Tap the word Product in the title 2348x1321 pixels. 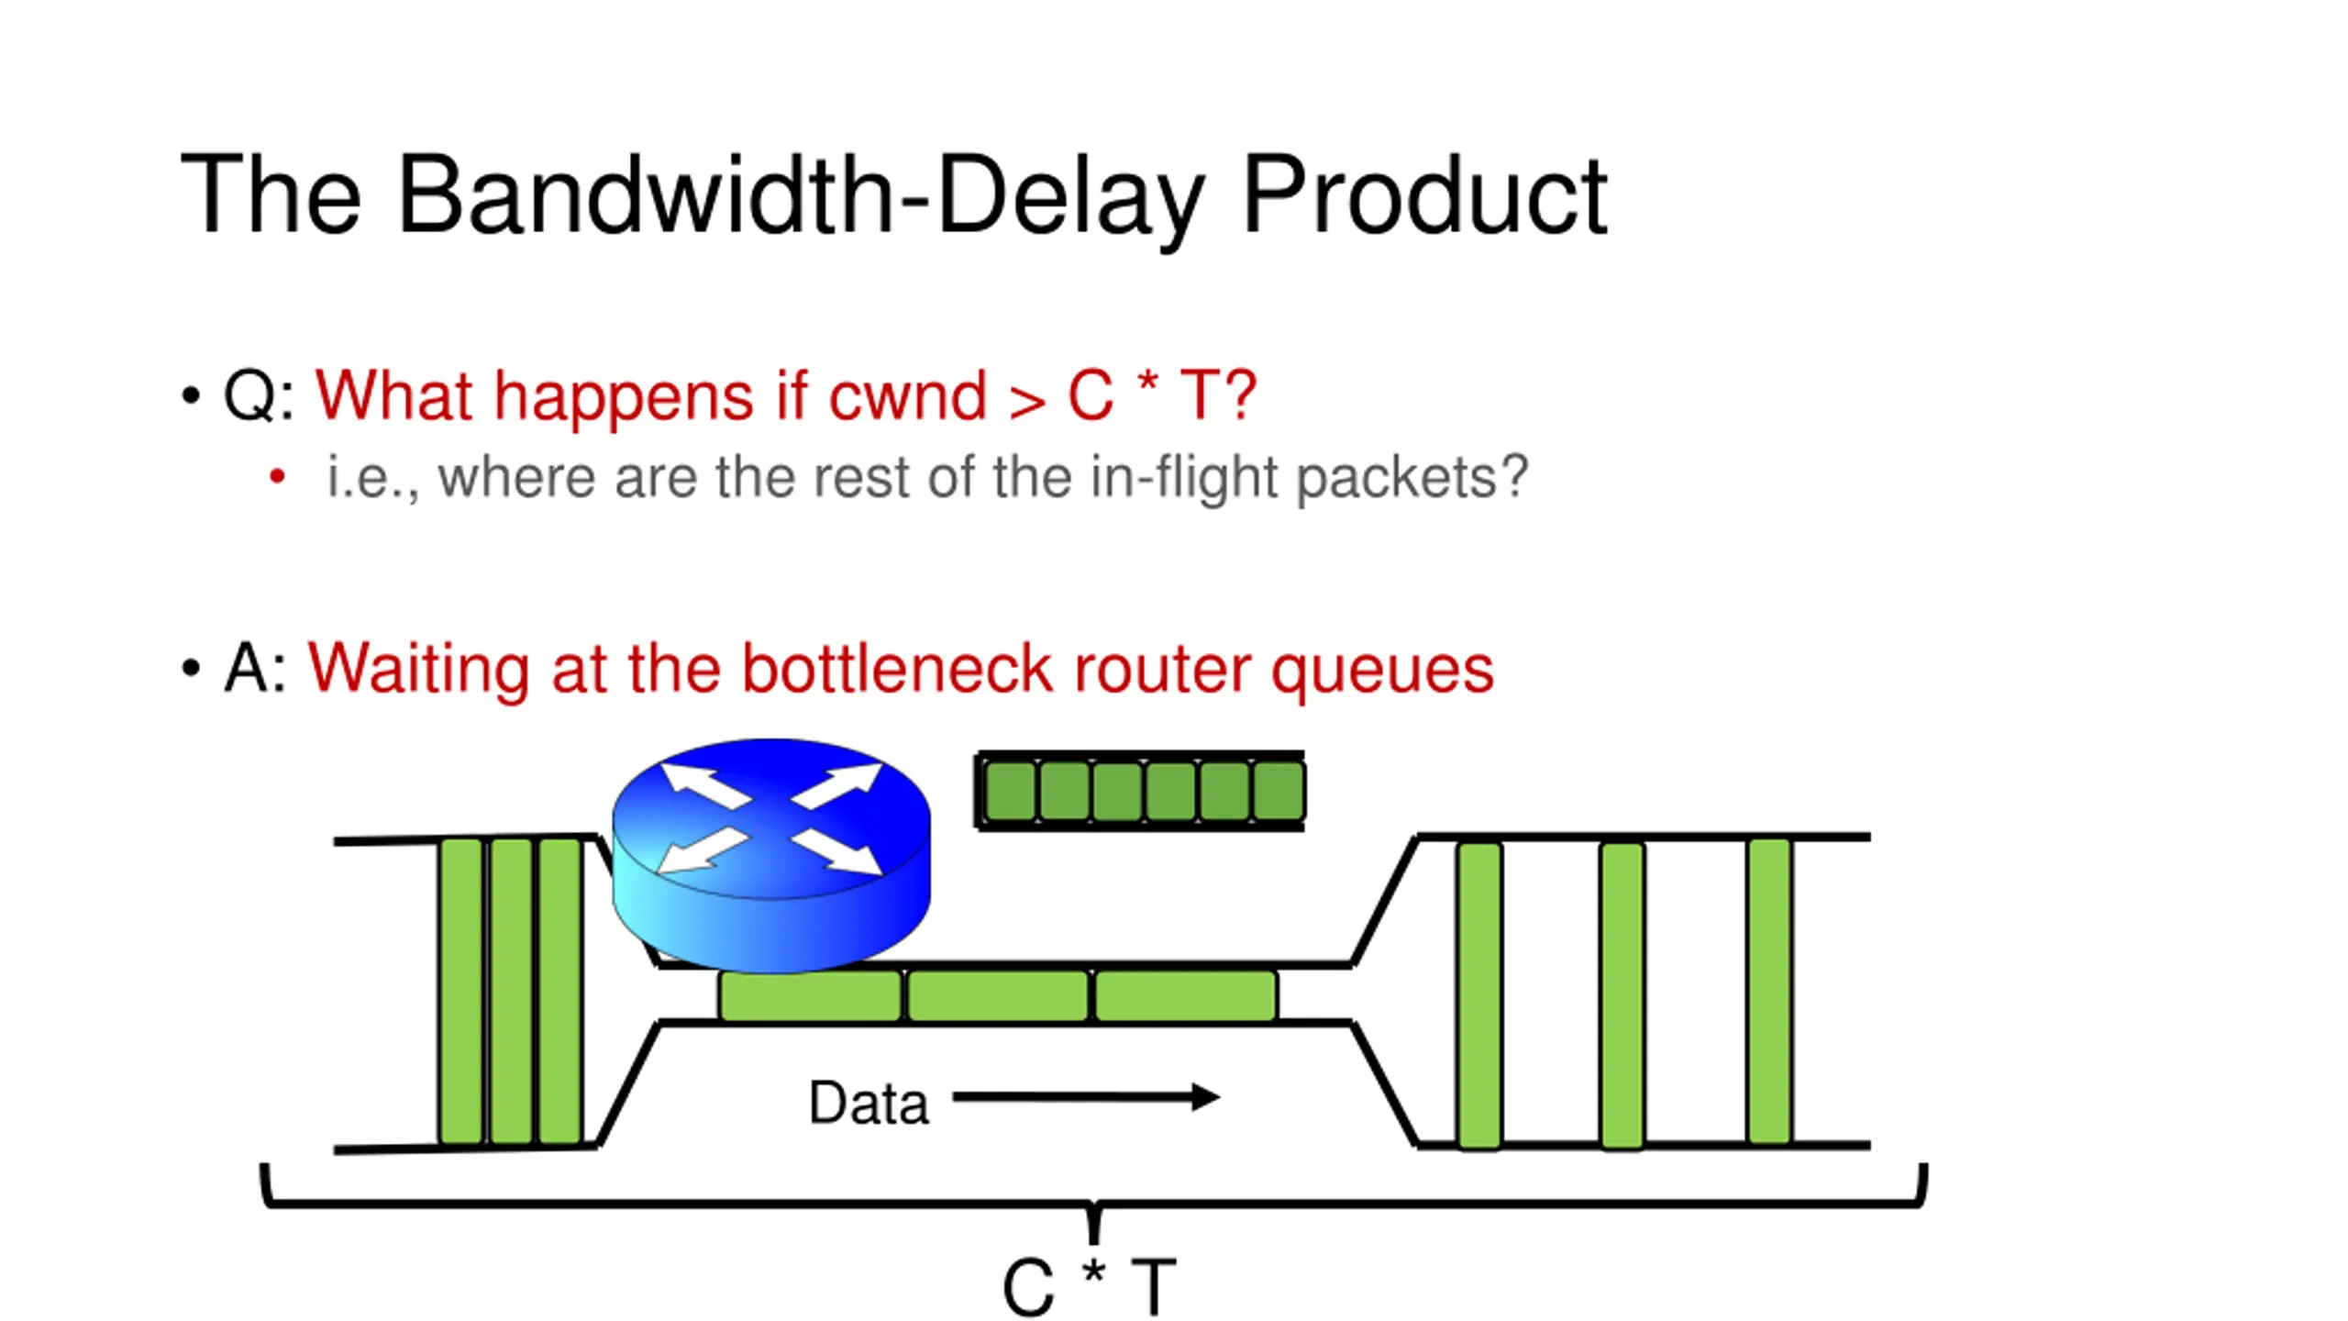click(1423, 195)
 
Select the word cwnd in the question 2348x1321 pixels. click(906, 397)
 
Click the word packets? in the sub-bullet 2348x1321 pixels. click(1412, 477)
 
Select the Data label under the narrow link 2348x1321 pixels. click(868, 1103)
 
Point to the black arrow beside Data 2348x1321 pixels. click(1086, 1096)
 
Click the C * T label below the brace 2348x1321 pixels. click(1089, 1287)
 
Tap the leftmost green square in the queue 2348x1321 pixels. click(1010, 791)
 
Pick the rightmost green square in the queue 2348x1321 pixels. click(1278, 791)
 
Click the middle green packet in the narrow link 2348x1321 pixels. click(998, 995)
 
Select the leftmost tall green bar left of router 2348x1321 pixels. click(460, 991)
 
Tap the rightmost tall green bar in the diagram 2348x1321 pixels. click(1768, 991)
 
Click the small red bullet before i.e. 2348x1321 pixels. click(277, 476)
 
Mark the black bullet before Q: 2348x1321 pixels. click(191, 396)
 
